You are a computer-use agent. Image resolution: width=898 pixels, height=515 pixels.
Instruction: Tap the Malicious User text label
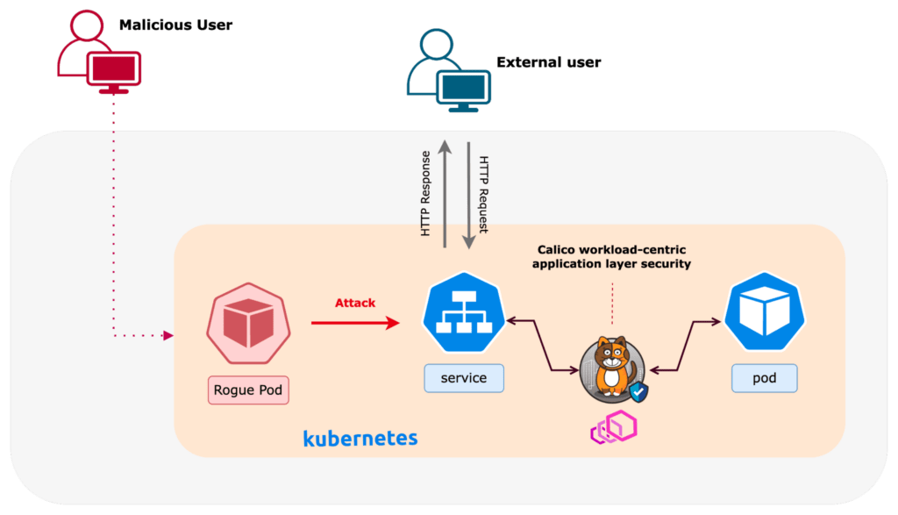tap(176, 25)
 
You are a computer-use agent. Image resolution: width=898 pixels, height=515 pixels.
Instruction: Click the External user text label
tap(549, 62)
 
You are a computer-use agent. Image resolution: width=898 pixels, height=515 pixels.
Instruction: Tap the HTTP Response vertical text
tap(426, 193)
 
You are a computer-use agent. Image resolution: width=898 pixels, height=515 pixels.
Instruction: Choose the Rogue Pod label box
tap(248, 390)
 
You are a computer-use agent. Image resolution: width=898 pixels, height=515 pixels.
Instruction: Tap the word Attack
tap(354, 303)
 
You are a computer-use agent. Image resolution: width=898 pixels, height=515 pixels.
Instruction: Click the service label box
tap(464, 378)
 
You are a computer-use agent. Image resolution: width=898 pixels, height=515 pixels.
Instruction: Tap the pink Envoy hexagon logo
tap(613, 427)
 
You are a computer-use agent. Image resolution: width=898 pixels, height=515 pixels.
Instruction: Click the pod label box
tap(765, 378)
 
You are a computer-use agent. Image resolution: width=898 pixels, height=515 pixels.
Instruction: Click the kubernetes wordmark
tap(360, 438)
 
